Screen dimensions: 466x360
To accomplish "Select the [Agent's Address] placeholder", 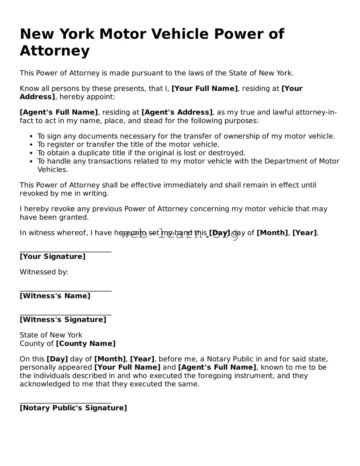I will pyautogui.click(x=177, y=112).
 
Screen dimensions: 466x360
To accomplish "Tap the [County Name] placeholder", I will pyautogui.click(x=85, y=344).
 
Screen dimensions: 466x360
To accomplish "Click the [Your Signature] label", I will pyautogui.click(x=53, y=256).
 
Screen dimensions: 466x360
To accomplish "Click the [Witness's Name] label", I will pyautogui.click(x=55, y=296).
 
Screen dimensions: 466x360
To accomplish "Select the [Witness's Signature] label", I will pyautogui.click(x=63, y=320).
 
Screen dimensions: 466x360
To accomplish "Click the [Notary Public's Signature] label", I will pyautogui.click(x=73, y=408).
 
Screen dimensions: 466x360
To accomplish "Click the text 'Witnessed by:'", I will pyautogui.click(x=44, y=272).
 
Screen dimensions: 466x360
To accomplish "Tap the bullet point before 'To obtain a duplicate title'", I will pyautogui.click(x=31, y=153).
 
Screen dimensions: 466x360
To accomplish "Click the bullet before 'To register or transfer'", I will pyautogui.click(x=31, y=145).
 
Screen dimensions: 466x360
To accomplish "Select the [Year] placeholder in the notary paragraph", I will pyautogui.click(x=142, y=359).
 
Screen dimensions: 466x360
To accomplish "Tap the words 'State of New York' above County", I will pyautogui.click(x=51, y=335).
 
